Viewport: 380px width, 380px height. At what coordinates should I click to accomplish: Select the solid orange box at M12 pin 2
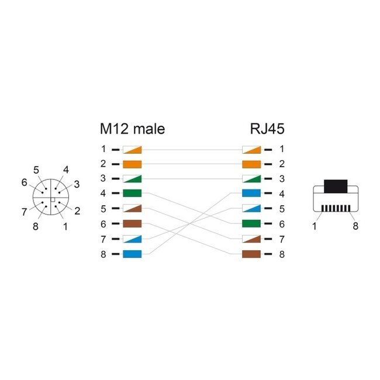132,164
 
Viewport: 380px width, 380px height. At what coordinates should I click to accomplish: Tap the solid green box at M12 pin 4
132,194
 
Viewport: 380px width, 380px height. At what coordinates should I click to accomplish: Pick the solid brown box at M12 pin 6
132,224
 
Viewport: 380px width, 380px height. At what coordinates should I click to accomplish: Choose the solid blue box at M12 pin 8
132,254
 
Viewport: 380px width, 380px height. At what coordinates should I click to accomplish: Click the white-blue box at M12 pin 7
132,239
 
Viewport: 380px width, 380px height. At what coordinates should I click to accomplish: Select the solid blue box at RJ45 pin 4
251,194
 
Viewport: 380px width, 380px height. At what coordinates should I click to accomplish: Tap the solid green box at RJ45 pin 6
251,224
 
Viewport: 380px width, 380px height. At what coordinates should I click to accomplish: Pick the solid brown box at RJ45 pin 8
251,254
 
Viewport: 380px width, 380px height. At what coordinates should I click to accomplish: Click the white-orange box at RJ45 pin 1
251,149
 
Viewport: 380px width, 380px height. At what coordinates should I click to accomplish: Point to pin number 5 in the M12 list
103,209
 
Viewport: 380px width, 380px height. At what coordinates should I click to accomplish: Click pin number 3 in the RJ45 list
281,179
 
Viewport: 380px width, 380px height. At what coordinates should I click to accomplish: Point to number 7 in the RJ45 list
281,239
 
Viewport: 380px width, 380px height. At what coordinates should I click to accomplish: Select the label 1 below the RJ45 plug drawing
315,226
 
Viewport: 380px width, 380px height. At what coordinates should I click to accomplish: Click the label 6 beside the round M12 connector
24,182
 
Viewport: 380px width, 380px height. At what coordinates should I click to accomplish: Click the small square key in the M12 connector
52,201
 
